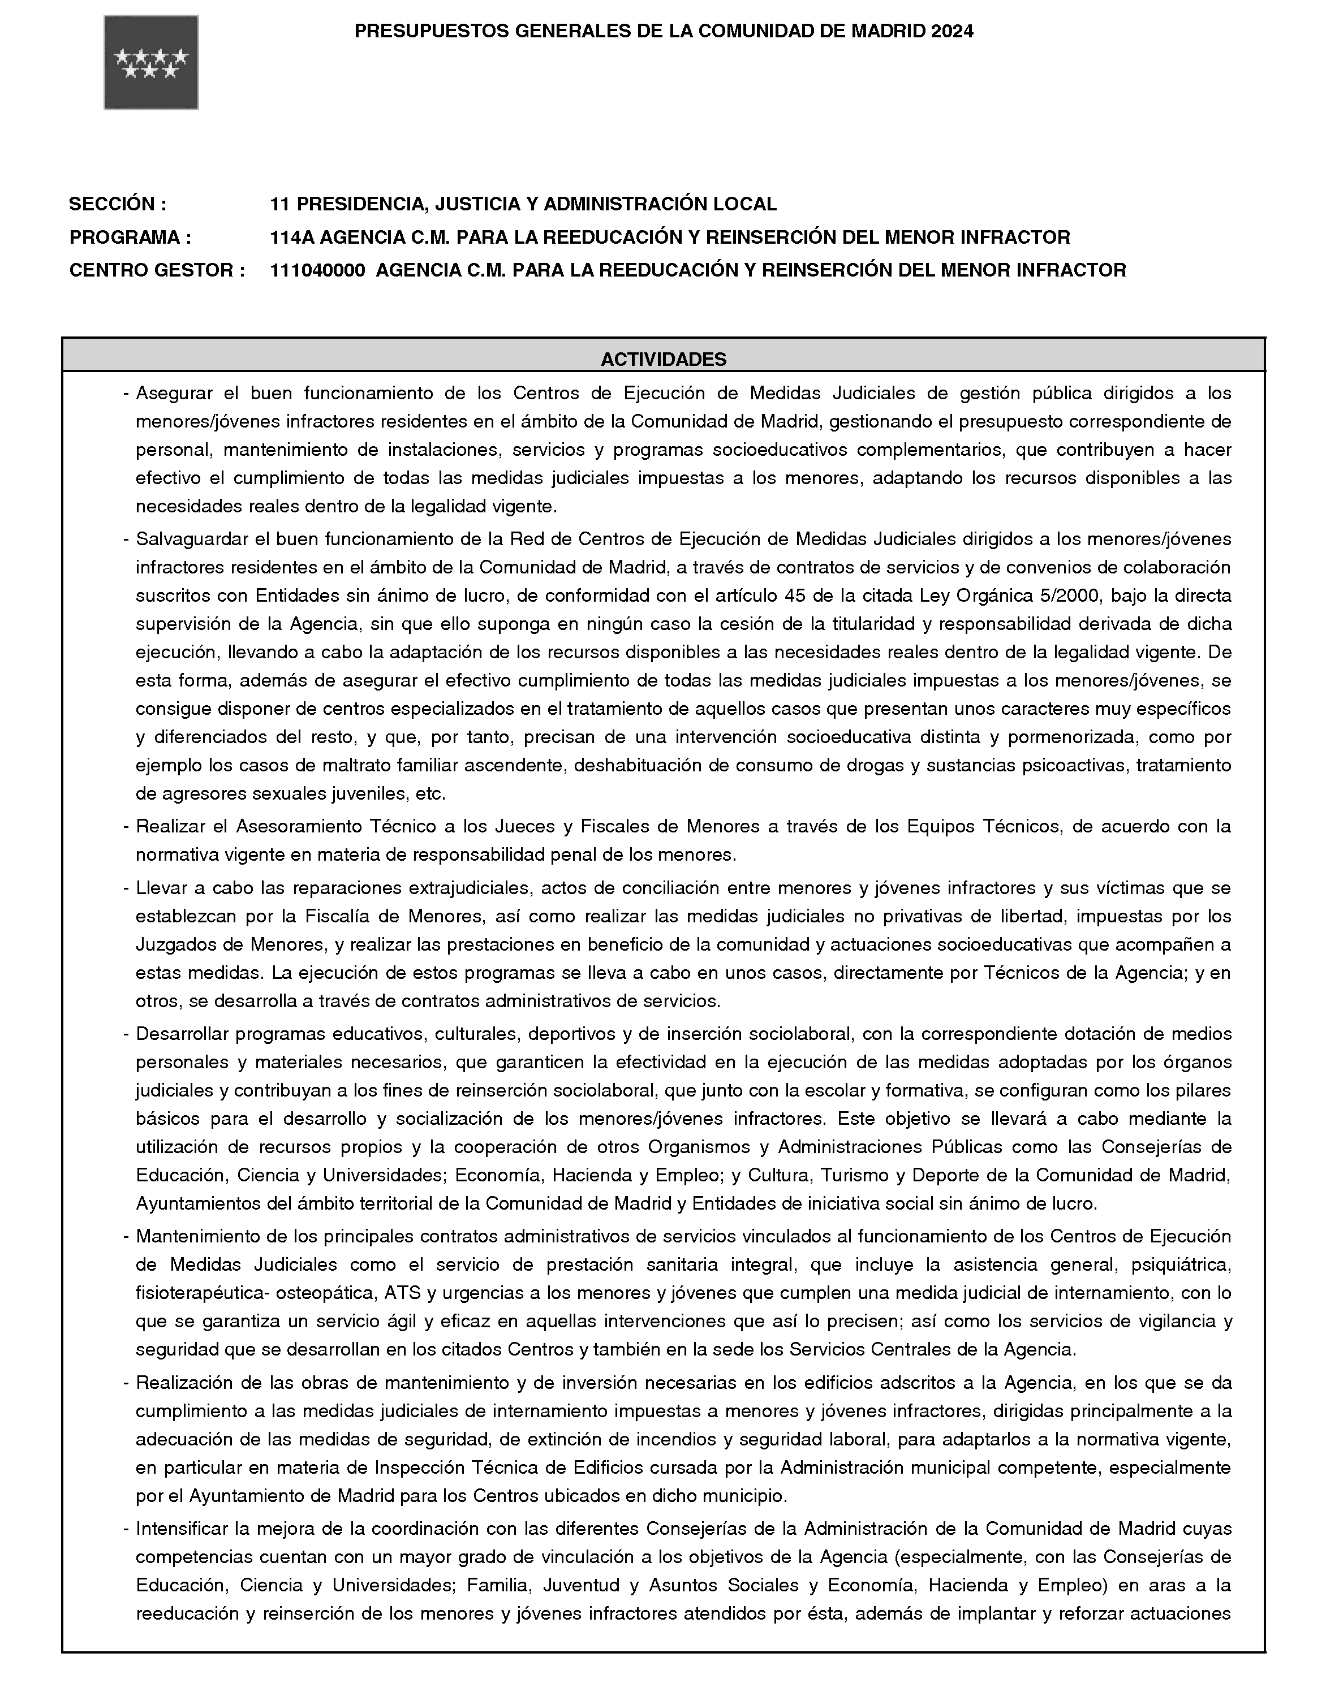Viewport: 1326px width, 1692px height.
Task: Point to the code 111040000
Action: pyautogui.click(x=317, y=270)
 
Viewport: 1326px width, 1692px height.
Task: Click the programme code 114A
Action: pyautogui.click(x=292, y=237)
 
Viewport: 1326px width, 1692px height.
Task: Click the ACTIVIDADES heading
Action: pyautogui.click(x=663, y=359)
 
